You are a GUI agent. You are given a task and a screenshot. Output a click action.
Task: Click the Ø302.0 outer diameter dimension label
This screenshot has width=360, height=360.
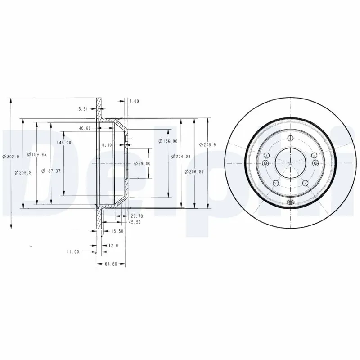[11, 157]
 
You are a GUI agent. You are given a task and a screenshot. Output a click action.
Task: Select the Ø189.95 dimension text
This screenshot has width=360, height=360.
[37, 154]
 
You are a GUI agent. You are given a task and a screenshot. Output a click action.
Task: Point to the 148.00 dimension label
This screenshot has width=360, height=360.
[64, 143]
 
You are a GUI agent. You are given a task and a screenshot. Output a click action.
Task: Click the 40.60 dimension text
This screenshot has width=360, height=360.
[85, 128]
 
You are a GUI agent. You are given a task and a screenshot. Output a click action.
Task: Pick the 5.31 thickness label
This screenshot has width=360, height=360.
[83, 108]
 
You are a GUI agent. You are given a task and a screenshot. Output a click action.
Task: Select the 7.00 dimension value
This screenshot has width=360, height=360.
[134, 102]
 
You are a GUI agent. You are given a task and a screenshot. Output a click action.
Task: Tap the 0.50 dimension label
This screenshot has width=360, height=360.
[107, 145]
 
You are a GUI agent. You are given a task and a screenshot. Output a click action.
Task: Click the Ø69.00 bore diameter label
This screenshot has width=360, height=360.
[142, 163]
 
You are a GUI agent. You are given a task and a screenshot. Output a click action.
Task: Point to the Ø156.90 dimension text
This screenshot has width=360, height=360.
[167, 141]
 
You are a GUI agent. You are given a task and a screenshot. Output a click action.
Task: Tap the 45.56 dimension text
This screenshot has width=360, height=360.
[135, 222]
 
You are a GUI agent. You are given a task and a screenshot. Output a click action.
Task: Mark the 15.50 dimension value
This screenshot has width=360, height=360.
[117, 231]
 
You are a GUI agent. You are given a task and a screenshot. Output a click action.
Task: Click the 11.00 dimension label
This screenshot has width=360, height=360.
[73, 252]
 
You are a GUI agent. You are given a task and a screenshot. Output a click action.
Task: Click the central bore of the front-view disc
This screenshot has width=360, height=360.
[290, 162]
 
